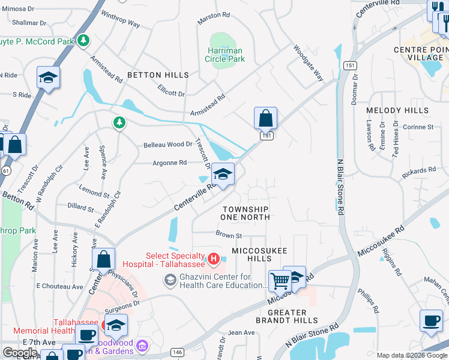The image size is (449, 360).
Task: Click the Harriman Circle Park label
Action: pos(226,55)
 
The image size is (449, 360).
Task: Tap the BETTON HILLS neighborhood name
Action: pos(158,75)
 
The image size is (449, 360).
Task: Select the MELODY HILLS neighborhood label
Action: pos(397,110)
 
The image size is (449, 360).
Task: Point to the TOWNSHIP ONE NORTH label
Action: pos(245,213)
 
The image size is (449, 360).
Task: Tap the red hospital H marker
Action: pos(213,259)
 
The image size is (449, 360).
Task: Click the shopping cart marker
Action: pos(280,280)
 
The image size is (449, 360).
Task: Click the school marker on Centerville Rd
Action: pos(223,175)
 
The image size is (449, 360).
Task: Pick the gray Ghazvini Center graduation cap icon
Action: pos(170,280)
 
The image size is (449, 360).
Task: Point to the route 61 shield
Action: pos(5,170)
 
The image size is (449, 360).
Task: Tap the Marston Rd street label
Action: pos(214,15)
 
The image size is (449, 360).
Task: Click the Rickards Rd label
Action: pos(419,171)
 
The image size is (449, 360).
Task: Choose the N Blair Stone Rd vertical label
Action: pos(340,186)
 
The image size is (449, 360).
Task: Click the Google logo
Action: pos(20,353)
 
